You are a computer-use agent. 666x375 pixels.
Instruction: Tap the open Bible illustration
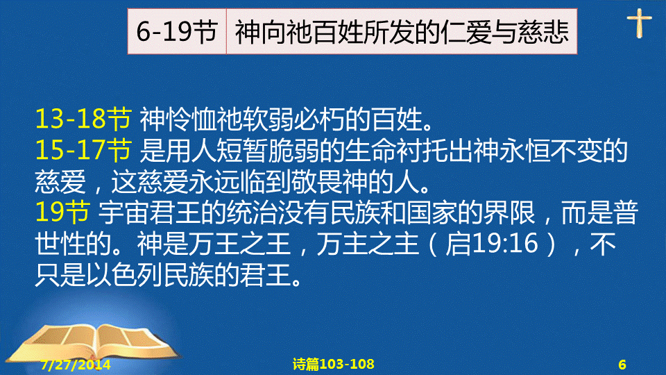(x=94, y=345)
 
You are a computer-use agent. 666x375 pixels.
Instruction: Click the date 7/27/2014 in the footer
(x=76, y=365)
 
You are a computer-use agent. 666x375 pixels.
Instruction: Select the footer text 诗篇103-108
(x=334, y=364)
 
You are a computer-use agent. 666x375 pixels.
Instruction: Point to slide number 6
(x=622, y=365)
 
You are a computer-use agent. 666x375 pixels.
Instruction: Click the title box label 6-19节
(x=177, y=32)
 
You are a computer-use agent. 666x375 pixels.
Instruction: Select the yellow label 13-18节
(x=83, y=119)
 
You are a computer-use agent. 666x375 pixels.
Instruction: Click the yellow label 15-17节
(x=83, y=150)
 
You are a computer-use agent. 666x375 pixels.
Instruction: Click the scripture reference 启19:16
(x=491, y=244)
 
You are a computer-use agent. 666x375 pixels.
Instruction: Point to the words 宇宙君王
(x=149, y=212)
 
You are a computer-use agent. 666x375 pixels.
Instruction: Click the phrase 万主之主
(x=368, y=244)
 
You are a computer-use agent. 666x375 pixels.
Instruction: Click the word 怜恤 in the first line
(x=191, y=119)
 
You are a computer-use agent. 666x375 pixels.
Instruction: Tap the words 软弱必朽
(x=293, y=119)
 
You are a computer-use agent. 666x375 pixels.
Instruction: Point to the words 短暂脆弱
(x=268, y=150)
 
